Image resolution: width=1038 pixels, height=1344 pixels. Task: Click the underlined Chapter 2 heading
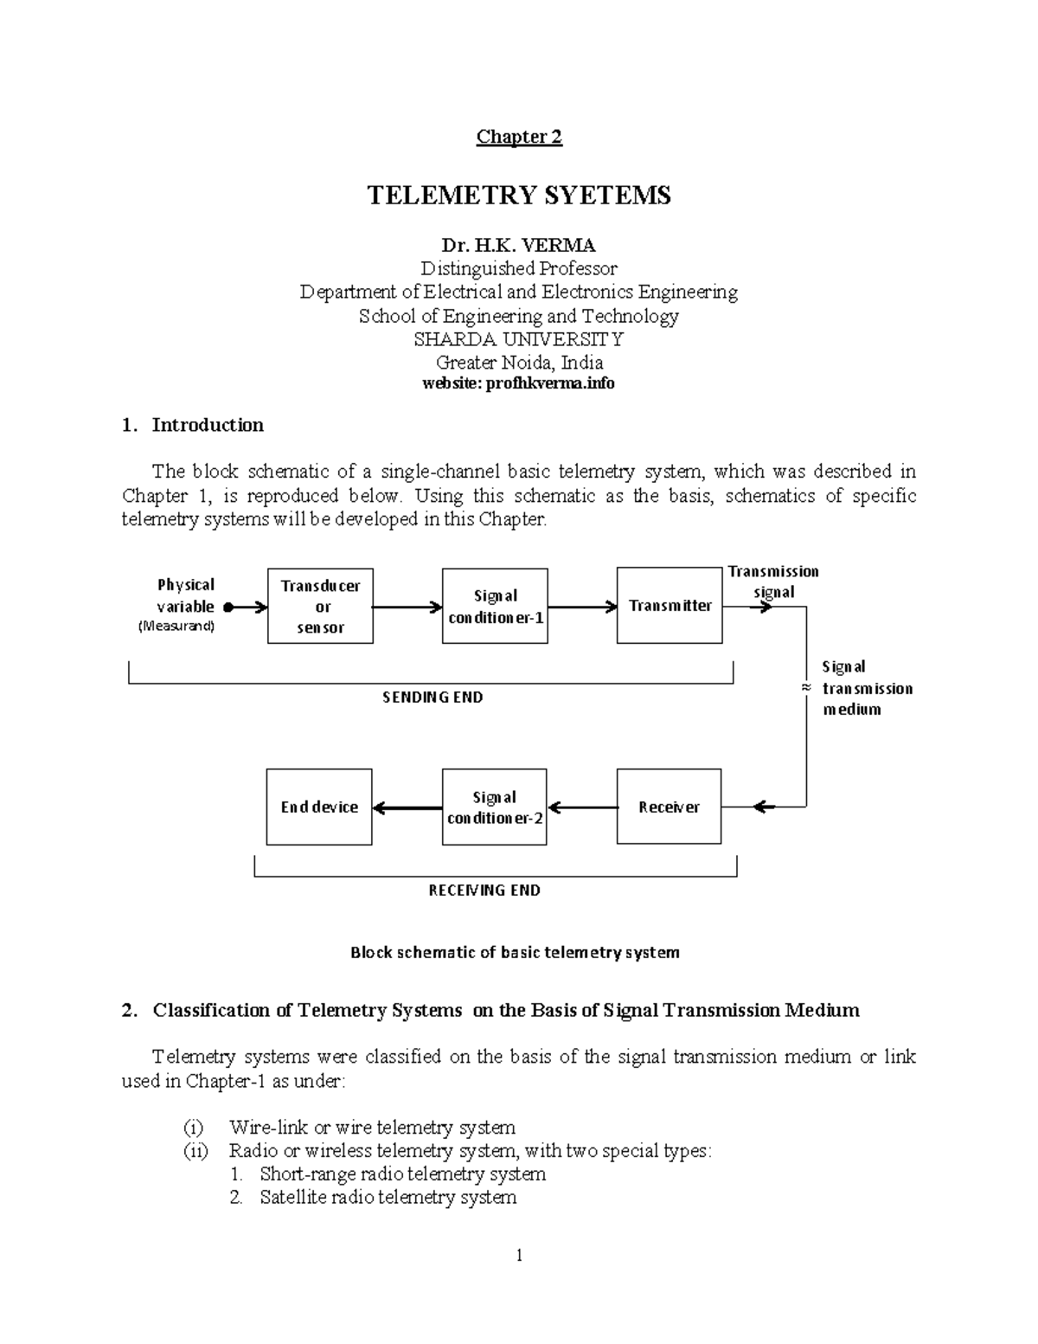[x=519, y=137]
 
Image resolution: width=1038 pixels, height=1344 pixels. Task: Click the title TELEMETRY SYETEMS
[x=519, y=196]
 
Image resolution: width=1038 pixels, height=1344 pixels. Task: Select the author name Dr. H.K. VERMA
[x=519, y=245]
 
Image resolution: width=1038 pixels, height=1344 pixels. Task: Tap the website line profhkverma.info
[x=518, y=383]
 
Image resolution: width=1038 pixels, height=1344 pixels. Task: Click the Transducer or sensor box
[x=320, y=606]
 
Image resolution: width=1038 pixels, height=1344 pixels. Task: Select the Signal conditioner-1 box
[x=495, y=606]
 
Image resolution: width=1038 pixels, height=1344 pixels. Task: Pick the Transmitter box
[x=670, y=606]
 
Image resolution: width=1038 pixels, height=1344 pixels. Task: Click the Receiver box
[x=669, y=807]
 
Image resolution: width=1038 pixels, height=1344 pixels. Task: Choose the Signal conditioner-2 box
[x=494, y=807]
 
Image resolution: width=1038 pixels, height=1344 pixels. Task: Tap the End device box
[x=319, y=807]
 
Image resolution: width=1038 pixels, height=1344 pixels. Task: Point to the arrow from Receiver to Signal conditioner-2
[x=582, y=807]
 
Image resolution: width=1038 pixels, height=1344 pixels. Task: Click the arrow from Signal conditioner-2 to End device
[x=407, y=808]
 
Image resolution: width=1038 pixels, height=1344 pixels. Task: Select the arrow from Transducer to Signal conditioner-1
[x=407, y=608]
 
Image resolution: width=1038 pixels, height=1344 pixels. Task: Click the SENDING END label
[x=432, y=698]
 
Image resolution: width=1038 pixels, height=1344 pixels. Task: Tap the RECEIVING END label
[x=484, y=891]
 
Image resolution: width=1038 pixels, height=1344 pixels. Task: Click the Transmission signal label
[x=773, y=582]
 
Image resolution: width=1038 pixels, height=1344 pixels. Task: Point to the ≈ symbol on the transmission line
[x=805, y=687]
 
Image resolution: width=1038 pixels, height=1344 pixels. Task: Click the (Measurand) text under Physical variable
[x=176, y=626]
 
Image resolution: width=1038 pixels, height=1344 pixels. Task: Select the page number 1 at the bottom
[x=519, y=1256]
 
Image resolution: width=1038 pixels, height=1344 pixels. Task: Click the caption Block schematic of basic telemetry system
[x=515, y=953]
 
